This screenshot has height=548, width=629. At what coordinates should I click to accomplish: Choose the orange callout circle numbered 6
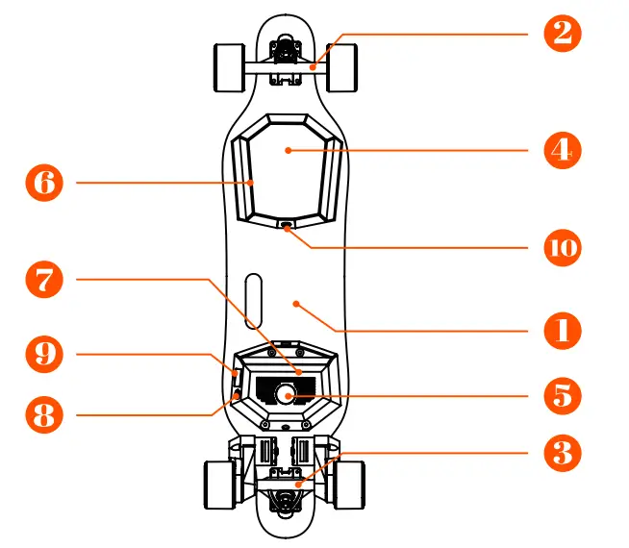point(43,182)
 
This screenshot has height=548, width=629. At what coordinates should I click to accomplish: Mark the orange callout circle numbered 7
point(43,280)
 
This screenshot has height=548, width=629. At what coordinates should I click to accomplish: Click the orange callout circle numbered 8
point(43,415)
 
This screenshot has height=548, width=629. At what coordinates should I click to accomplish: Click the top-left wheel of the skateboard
point(226,66)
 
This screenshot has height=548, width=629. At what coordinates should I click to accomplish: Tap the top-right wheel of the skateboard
point(343,66)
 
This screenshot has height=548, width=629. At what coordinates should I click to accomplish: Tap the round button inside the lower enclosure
point(286,393)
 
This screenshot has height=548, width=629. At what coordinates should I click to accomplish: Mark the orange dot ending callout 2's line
point(311,66)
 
